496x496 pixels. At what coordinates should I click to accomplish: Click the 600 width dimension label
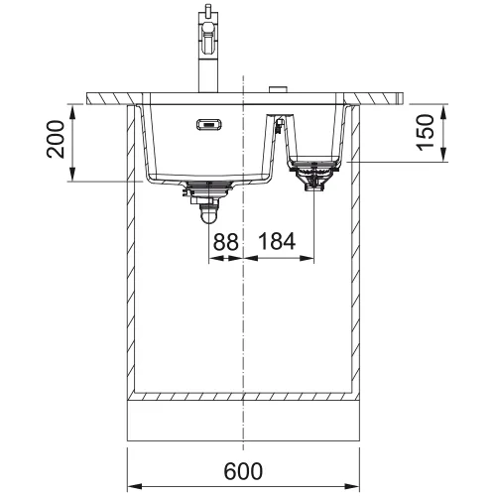243,471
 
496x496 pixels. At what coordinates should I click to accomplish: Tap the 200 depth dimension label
56,139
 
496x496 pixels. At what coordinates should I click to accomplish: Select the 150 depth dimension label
426,132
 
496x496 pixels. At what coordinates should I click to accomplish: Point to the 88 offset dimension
225,241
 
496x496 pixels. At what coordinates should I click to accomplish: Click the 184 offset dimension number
277,241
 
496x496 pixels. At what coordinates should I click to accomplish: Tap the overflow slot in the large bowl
209,124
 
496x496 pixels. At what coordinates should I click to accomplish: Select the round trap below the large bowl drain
209,213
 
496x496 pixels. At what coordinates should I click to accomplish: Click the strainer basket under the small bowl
313,176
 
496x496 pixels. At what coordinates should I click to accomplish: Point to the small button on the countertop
280,89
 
